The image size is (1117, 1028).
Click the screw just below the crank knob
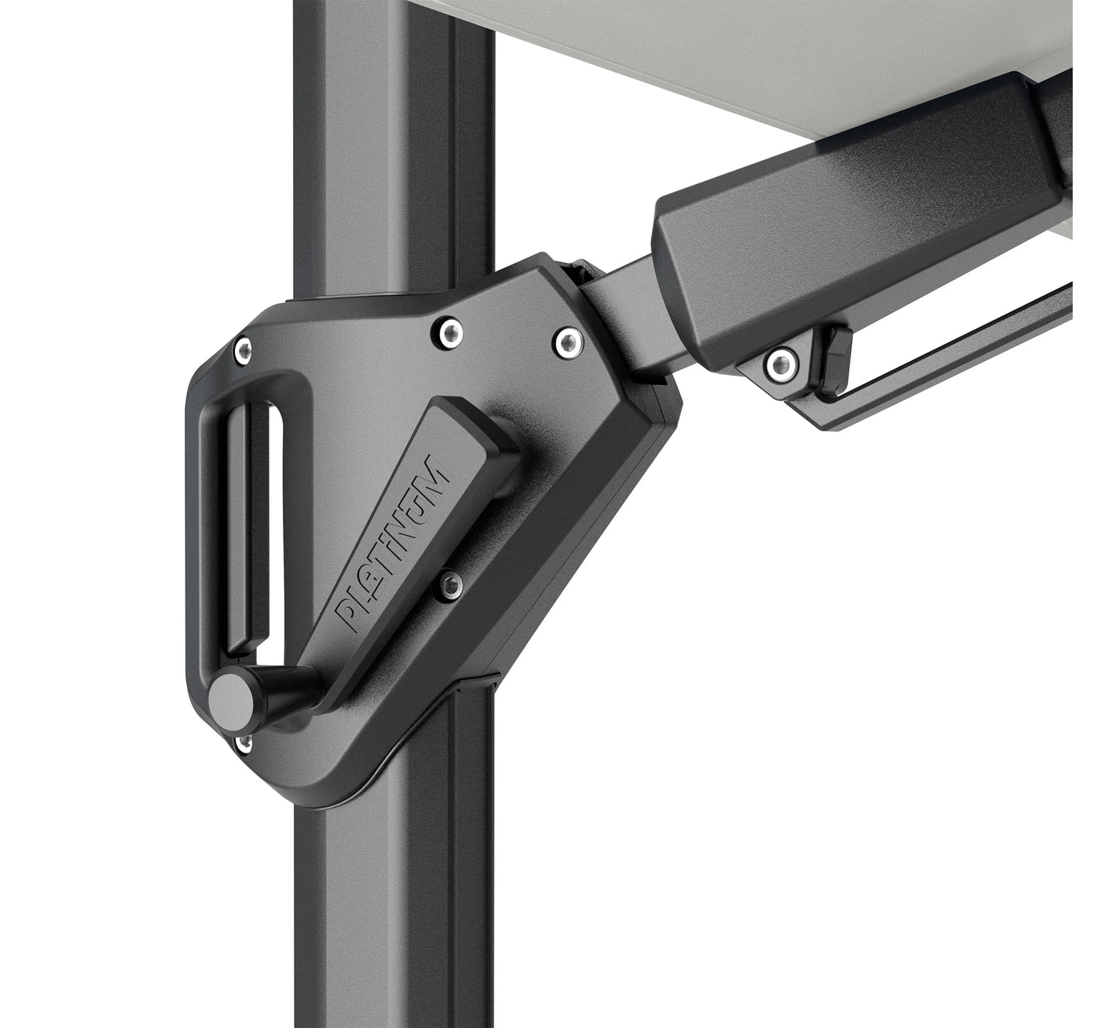tap(243, 743)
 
